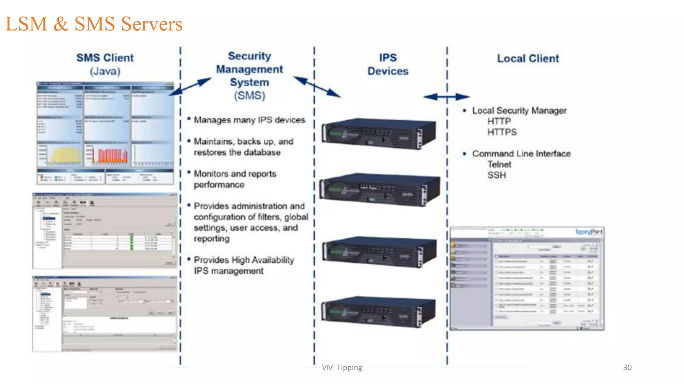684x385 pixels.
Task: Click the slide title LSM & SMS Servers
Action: pos(94,24)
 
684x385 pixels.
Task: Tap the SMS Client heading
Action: pos(105,58)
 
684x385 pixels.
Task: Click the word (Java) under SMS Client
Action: pos(105,71)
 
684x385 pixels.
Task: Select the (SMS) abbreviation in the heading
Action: pos(249,96)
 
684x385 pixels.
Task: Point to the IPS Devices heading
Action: pos(388,65)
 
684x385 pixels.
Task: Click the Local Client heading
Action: pos(528,58)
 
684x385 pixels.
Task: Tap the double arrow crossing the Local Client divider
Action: pos(447,97)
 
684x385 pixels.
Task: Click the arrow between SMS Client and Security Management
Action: pos(190,87)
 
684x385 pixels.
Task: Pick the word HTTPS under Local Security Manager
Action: pos(502,132)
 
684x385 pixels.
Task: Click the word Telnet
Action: pos(499,164)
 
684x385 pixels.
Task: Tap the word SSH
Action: pos(497,175)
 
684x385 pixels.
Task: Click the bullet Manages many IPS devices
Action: pos(249,120)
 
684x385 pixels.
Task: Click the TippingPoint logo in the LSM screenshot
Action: pos(588,232)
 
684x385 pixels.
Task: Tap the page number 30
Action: pos(627,367)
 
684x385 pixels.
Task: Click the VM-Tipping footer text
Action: pos(342,368)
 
